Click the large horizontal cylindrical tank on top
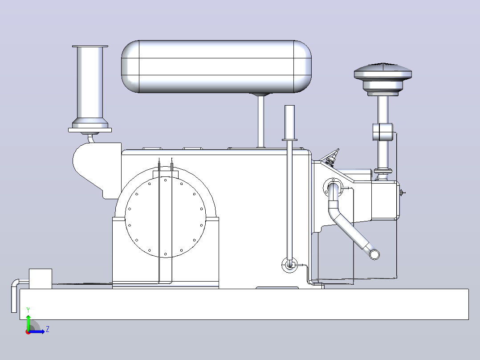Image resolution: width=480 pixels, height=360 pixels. (216, 66)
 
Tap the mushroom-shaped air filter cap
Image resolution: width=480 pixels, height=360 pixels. (382, 71)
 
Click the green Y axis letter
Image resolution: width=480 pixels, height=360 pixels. (28, 310)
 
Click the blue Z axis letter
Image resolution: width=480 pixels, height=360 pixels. (48, 329)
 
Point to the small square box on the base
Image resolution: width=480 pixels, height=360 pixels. (41, 279)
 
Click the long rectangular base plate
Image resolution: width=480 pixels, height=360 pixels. (244, 304)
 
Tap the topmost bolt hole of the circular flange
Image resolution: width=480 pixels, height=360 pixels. (166, 180)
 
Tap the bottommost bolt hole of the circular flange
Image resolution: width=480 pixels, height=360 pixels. (166, 254)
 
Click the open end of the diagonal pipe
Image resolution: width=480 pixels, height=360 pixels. (374, 254)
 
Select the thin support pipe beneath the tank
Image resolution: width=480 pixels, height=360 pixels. (261, 122)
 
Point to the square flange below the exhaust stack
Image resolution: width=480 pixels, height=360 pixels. (90, 130)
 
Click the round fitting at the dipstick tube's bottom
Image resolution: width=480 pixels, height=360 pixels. (289, 265)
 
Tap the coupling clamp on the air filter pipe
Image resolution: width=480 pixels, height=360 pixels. (382, 132)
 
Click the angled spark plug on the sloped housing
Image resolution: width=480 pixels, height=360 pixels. (332, 157)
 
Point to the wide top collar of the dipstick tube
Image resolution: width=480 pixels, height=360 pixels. (289, 140)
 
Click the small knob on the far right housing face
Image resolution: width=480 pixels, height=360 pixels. (402, 193)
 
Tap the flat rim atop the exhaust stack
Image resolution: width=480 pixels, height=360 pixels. (90, 46)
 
